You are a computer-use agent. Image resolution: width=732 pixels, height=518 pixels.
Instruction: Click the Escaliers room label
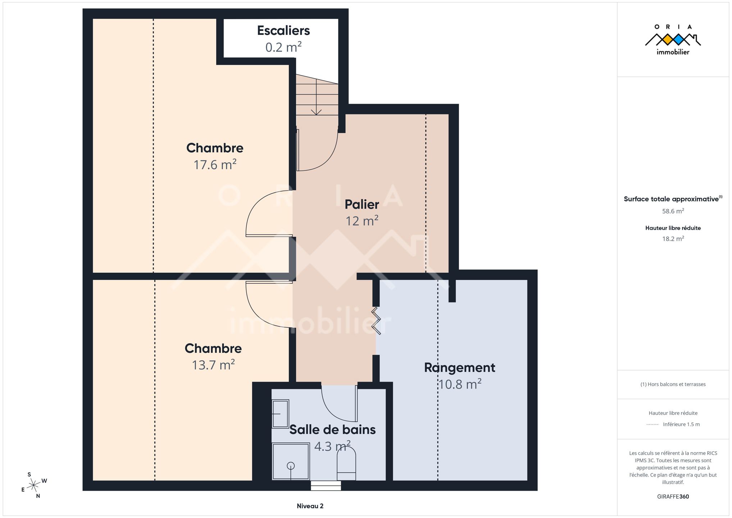click(x=283, y=31)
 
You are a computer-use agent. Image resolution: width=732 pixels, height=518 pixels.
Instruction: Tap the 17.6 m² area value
click(x=215, y=164)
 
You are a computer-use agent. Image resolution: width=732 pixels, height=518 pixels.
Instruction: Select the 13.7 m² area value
click(x=213, y=365)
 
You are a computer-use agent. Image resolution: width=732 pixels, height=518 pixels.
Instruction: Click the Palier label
click(x=362, y=204)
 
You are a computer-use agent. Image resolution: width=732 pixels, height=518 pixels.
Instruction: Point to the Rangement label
click(x=460, y=368)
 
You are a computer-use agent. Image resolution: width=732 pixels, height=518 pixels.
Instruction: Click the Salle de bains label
click(x=332, y=430)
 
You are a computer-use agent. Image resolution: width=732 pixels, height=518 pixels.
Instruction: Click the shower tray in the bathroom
click(x=291, y=462)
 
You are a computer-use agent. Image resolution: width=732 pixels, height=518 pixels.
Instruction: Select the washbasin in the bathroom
click(x=280, y=414)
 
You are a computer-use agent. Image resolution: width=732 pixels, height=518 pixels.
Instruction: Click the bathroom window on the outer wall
click(x=326, y=486)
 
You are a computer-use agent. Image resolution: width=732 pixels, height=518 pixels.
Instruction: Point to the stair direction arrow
click(x=316, y=97)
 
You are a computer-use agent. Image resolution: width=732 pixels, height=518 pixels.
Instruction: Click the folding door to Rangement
click(x=376, y=321)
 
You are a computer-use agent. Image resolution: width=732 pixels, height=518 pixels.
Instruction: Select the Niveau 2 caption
click(x=310, y=506)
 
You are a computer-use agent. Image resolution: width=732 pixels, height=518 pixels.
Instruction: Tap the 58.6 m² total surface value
click(x=673, y=211)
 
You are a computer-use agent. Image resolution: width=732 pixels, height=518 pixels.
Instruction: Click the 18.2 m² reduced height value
click(x=673, y=238)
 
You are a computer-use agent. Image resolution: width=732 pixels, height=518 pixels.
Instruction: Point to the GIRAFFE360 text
click(x=673, y=496)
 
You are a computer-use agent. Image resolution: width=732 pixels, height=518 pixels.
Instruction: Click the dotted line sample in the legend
click(x=653, y=424)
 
